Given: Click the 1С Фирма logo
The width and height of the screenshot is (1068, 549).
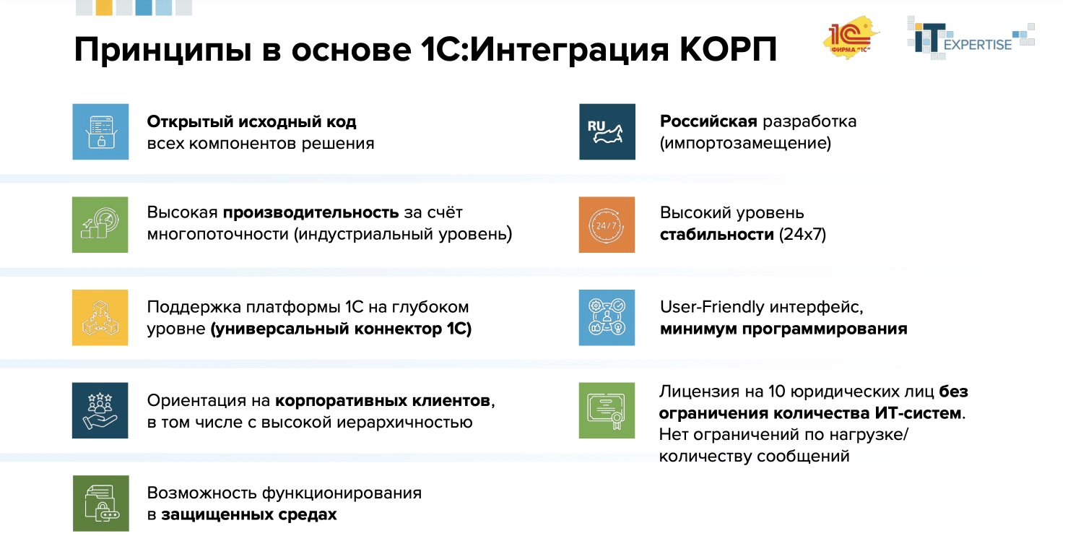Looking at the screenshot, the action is pyautogui.click(x=851, y=38).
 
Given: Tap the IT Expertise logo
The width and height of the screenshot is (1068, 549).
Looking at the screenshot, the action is pyautogui.click(x=971, y=38).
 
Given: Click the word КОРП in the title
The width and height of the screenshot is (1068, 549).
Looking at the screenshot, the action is pyautogui.click(x=728, y=50).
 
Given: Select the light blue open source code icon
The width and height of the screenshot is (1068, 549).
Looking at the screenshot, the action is pyautogui.click(x=100, y=131).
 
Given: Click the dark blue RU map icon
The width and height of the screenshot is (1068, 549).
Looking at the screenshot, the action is pyautogui.click(x=607, y=131).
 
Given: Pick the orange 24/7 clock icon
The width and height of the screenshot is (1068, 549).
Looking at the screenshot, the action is pyautogui.click(x=607, y=225).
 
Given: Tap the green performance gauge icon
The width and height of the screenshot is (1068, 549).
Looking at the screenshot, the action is pyautogui.click(x=100, y=225).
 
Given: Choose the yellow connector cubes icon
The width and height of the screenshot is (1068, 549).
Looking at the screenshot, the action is pyautogui.click(x=100, y=318).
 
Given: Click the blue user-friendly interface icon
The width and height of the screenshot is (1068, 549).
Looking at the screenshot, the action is pyautogui.click(x=607, y=318).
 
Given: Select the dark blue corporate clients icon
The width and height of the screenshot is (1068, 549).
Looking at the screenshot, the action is pyautogui.click(x=100, y=411).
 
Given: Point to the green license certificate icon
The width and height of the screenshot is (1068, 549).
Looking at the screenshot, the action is pyautogui.click(x=607, y=411).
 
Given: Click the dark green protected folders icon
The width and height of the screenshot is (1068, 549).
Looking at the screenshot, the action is pyautogui.click(x=100, y=503).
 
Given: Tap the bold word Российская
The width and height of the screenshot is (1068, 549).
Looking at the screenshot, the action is pyautogui.click(x=708, y=121).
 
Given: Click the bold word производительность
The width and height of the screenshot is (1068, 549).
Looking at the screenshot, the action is pyautogui.click(x=311, y=212).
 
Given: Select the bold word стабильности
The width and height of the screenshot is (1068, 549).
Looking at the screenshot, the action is pyautogui.click(x=716, y=235).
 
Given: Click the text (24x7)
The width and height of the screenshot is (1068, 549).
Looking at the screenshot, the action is pyautogui.click(x=802, y=235).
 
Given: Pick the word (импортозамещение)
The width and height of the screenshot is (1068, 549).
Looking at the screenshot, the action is pyautogui.click(x=745, y=144).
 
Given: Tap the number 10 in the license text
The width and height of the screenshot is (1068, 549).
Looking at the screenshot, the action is pyautogui.click(x=777, y=392).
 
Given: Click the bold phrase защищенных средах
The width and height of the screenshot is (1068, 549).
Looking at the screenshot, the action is pyautogui.click(x=249, y=514).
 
